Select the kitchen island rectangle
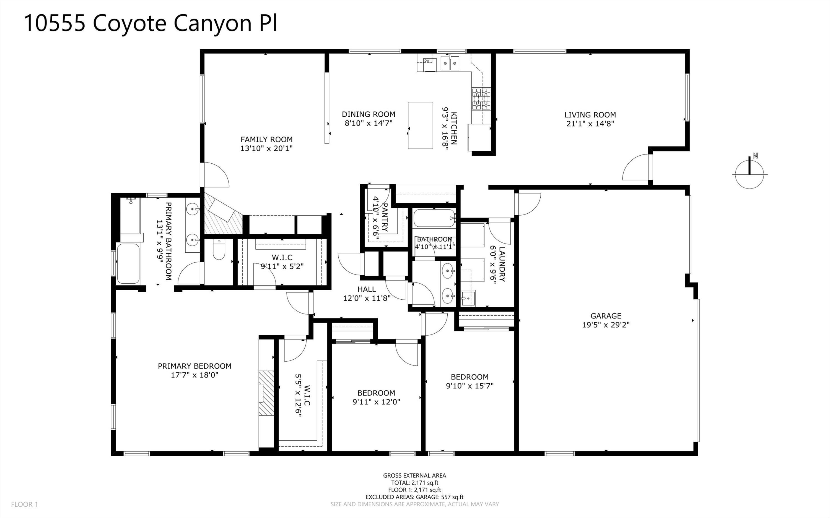420,125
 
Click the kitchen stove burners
481,99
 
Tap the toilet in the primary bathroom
218,250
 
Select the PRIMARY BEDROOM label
194,366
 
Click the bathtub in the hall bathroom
434,218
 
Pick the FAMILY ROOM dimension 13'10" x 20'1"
266,148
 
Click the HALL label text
367,289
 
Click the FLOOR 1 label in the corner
24,504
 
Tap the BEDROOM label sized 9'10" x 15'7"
469,377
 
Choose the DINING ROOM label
368,114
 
